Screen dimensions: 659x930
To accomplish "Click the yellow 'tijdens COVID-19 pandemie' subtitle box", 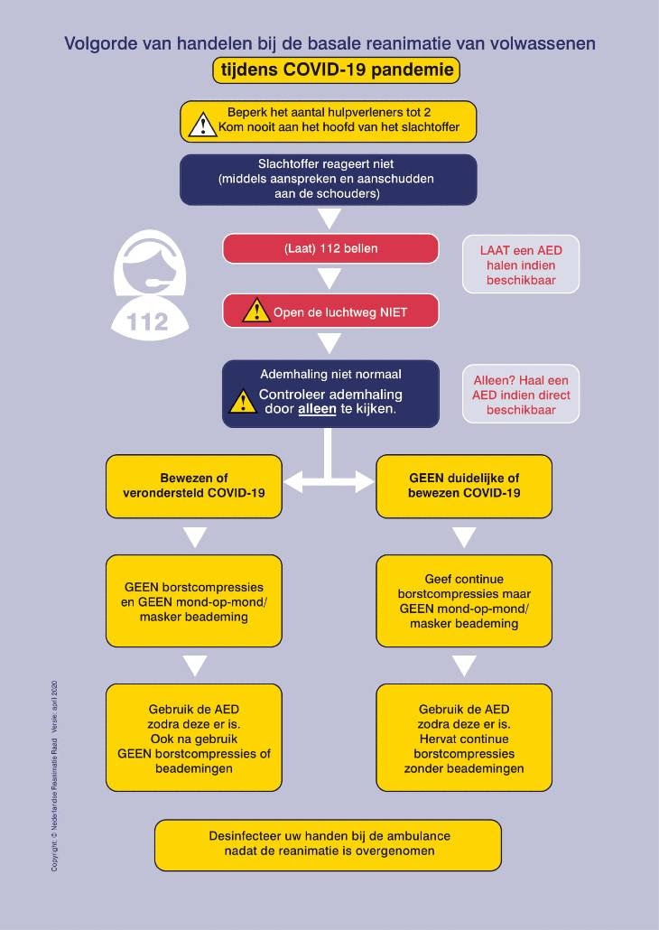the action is (336, 70).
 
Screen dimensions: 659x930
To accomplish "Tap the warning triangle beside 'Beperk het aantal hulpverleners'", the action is (202, 125).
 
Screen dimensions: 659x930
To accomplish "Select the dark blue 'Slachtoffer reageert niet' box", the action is (328, 180).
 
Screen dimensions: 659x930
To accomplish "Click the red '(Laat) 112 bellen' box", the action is (330, 248).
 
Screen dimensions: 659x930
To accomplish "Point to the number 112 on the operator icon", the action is (148, 322).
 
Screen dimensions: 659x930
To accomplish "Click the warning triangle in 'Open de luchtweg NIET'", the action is (256, 311).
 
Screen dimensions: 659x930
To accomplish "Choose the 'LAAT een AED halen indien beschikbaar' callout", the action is (521, 265).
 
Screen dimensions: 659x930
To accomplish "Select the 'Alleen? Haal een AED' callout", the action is (521, 395).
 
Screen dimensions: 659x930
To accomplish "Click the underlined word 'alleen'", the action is (317, 409).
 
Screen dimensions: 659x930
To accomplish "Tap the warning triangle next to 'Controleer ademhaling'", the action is (243, 402).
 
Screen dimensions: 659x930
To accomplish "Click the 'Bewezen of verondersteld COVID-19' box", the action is (194, 486).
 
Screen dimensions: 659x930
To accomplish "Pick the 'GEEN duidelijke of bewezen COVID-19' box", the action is (464, 486).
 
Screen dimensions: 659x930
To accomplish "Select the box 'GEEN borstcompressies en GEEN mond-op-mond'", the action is (194, 601).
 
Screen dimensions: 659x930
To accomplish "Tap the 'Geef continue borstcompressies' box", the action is (464, 601).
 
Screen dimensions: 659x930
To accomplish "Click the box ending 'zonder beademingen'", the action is (464, 738).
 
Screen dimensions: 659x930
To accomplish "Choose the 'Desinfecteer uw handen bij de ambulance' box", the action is (328, 844).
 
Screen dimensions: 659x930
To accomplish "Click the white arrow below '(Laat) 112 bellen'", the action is (329, 278).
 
